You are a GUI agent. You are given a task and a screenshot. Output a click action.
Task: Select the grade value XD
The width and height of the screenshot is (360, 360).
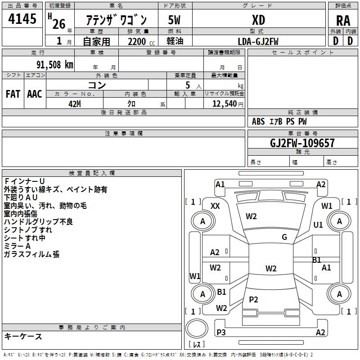coord(258,20)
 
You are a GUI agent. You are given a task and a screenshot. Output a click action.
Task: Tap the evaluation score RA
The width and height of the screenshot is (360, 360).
coord(343,21)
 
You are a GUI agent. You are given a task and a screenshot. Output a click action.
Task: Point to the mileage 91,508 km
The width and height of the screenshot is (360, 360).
coord(51,64)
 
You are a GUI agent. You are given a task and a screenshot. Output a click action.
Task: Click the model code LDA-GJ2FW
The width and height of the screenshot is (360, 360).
coord(258,41)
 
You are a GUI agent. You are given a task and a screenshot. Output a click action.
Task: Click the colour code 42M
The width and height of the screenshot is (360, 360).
coord(75,103)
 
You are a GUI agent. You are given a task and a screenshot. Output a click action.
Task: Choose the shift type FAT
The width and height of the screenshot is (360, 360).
coord(13,94)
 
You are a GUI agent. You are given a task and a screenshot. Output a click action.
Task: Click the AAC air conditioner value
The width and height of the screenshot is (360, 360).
coord(35,94)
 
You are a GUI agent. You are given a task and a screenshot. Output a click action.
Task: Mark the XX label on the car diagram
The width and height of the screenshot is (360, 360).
coord(216,206)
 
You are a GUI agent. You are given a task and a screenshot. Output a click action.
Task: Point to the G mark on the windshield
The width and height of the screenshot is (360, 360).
coord(284,237)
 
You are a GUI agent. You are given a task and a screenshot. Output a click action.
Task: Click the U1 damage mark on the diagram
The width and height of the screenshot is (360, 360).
coord(318,225)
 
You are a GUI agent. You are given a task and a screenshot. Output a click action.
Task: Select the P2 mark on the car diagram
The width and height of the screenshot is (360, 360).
coord(254,300)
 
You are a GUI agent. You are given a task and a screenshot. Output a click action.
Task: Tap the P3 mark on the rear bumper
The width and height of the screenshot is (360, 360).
coord(221,332)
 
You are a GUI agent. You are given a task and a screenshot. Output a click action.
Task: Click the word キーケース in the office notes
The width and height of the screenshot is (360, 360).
coord(23,336)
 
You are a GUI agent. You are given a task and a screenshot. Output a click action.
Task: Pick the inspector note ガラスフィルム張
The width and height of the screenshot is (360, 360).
coord(31,254)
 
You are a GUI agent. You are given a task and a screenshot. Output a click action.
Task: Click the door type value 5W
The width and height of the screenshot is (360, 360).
coord(175,20)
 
